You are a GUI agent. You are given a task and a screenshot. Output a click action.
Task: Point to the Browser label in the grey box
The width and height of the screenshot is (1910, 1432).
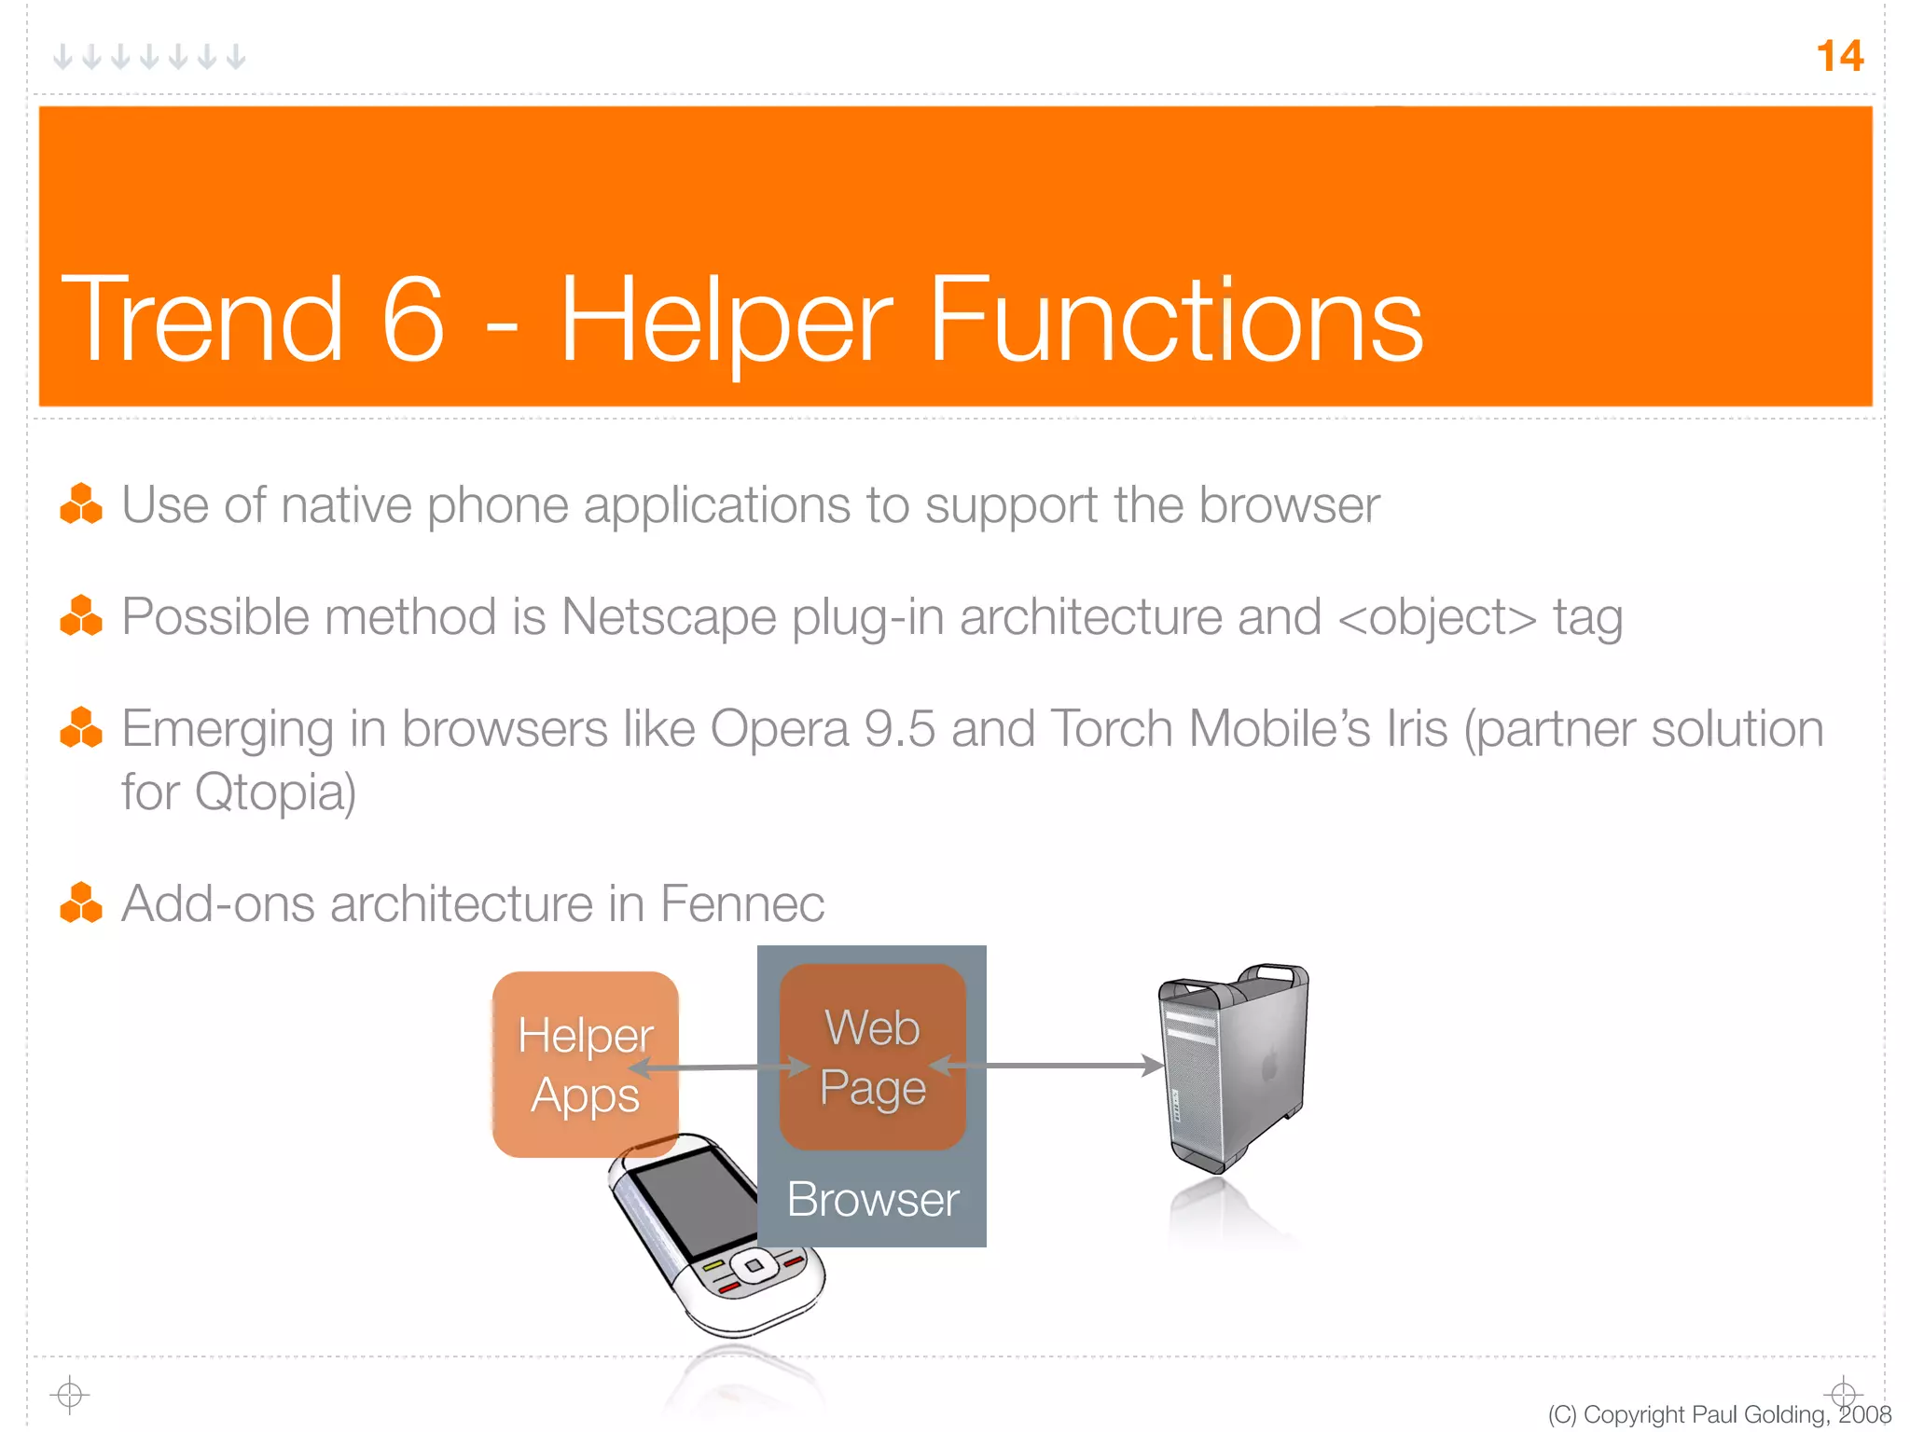coord(872,1199)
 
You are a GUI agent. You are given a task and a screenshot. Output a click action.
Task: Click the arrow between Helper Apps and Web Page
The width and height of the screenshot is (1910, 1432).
coord(718,1067)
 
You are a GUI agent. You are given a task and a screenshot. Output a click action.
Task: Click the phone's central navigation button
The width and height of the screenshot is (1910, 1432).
coord(753,1266)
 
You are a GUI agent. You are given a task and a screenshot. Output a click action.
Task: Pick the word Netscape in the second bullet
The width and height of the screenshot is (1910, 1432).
coord(669,617)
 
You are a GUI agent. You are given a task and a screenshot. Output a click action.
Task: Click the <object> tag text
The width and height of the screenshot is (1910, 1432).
coord(1436,617)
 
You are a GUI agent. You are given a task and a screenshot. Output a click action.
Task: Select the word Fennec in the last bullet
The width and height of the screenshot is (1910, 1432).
coord(742,903)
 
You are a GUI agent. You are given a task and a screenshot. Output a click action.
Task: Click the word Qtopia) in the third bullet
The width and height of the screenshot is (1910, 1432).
coord(276,792)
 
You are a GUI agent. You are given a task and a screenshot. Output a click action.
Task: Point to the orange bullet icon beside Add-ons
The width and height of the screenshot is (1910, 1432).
coord(81,902)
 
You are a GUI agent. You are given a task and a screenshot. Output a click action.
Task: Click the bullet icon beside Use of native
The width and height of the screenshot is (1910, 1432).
coord(81,504)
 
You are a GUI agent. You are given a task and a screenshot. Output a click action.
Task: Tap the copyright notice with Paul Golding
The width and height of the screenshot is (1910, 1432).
coord(1719,1414)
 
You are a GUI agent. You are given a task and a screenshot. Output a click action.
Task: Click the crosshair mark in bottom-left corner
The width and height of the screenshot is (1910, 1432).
coord(70,1395)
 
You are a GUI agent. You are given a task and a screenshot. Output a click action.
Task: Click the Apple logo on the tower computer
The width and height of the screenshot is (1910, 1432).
coord(1269,1062)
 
